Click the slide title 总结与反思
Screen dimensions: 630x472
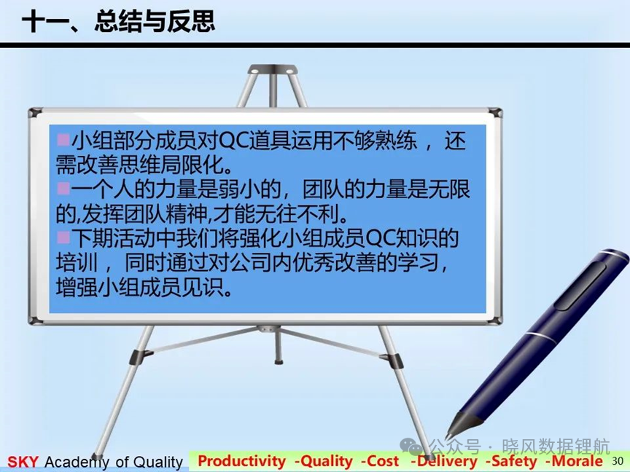[x=155, y=21]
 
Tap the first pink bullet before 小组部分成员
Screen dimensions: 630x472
[x=63, y=139]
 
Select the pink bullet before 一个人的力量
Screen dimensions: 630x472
[x=63, y=188]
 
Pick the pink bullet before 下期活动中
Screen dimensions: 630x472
[x=63, y=237]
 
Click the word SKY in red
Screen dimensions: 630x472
[x=23, y=462]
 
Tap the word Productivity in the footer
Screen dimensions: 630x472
[x=241, y=461]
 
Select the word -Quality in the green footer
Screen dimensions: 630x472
[x=324, y=461]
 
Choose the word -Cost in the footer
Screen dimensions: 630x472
[x=380, y=461]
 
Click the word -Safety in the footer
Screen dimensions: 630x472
[x=511, y=461]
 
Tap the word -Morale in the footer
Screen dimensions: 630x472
[x=574, y=461]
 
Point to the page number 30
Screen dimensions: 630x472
[x=617, y=461]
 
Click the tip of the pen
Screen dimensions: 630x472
[x=446, y=439]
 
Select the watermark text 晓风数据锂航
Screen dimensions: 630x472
[x=556, y=447]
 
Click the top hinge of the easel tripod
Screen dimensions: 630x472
[x=273, y=69]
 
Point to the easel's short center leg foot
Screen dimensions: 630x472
[x=276, y=362]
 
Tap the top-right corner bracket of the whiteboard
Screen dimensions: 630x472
[x=495, y=112]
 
